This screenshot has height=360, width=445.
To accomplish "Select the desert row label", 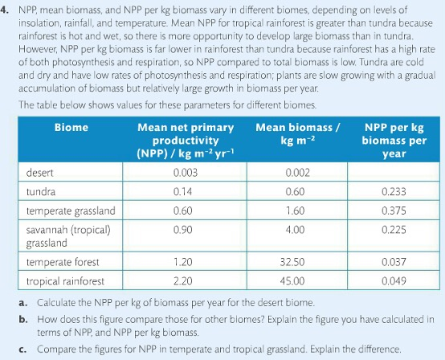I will click(x=40, y=173).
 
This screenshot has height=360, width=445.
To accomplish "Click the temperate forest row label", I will click(x=63, y=263).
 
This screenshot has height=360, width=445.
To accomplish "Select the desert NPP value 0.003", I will click(x=186, y=173).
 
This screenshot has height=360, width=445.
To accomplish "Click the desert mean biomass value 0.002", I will click(x=297, y=173).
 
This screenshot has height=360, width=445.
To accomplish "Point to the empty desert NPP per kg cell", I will click(x=394, y=173).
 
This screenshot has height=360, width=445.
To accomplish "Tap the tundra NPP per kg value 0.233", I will click(x=394, y=192).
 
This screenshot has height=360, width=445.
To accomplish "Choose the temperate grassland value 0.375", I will click(x=394, y=211).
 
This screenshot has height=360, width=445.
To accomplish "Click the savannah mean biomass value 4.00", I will click(x=297, y=229).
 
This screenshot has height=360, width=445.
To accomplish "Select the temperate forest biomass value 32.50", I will click(x=297, y=263).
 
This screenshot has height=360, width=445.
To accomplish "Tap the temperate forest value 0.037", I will click(x=394, y=263).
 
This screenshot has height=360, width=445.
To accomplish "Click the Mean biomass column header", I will click(x=298, y=133).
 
